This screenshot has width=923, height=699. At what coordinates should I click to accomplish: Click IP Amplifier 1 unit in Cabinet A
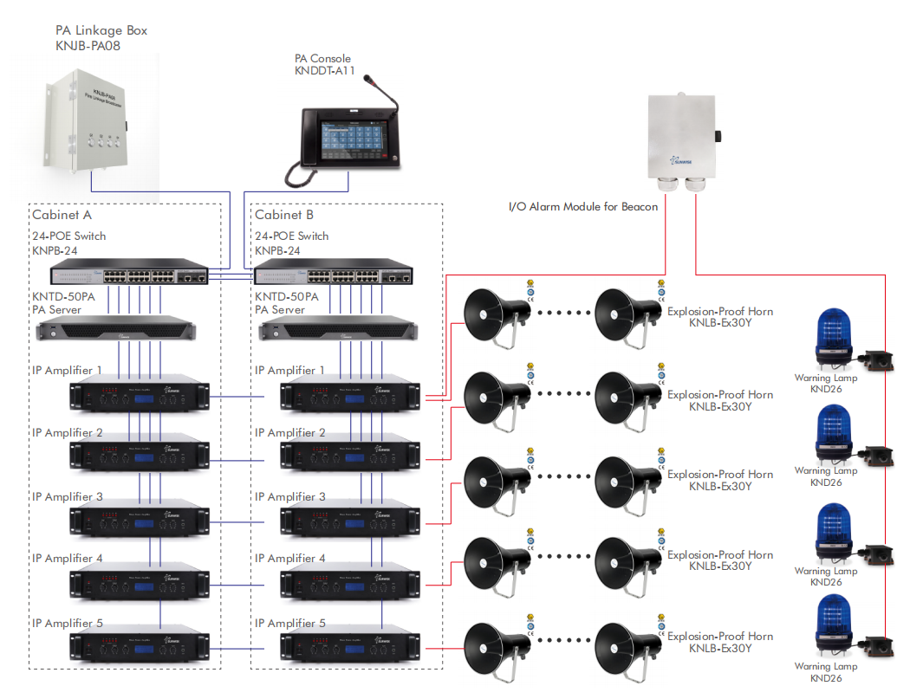click(139, 396)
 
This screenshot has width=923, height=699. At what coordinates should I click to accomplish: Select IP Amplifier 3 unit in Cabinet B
click(349, 521)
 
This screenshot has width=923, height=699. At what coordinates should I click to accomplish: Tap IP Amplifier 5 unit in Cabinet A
click(139, 647)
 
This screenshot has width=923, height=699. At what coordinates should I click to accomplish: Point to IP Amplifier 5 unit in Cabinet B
click(349, 647)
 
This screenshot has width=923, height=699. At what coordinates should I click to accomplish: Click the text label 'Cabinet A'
click(62, 215)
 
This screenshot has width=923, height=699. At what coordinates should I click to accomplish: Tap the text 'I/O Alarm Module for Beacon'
click(583, 207)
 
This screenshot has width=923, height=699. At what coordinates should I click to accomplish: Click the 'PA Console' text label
click(322, 59)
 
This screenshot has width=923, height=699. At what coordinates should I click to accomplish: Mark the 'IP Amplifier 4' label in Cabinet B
click(290, 559)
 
